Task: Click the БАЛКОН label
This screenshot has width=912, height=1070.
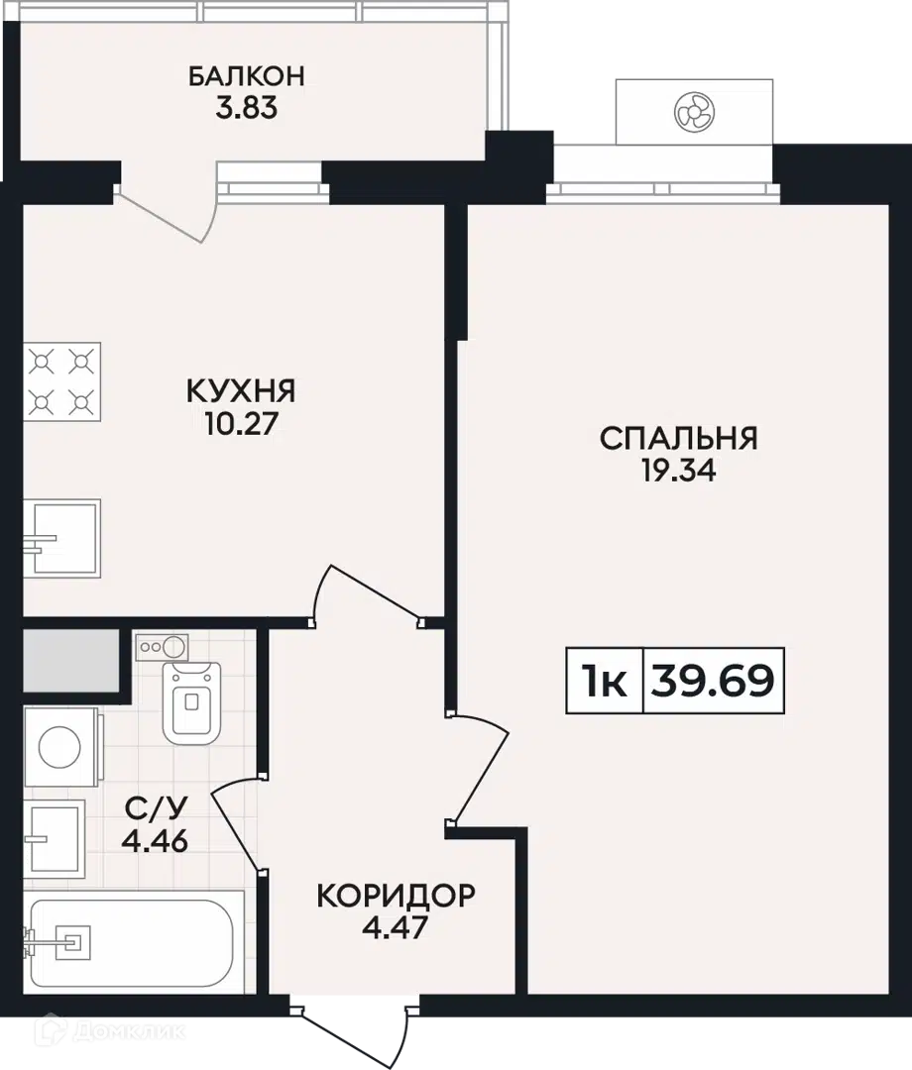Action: [x=247, y=75]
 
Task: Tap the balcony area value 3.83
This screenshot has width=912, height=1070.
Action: [x=247, y=109]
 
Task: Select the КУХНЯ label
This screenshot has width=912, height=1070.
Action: [x=241, y=391]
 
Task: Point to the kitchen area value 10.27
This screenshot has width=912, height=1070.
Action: [x=241, y=424]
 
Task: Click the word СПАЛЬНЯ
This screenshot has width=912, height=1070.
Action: [x=678, y=438]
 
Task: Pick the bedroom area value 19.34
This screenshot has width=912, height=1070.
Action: [x=678, y=471]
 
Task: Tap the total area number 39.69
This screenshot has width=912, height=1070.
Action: [x=713, y=681]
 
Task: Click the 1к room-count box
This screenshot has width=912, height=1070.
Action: [x=605, y=681]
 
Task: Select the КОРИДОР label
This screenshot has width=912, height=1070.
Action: [x=396, y=896]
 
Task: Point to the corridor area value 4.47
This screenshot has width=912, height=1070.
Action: [x=396, y=928]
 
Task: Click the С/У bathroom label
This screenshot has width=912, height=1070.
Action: [x=156, y=808]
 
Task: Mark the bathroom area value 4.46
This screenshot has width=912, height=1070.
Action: [x=155, y=841]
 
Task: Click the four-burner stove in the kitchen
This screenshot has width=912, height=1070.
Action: [x=62, y=382]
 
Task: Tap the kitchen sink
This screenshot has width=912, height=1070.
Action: [x=62, y=538]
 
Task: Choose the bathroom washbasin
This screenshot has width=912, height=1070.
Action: [x=55, y=839]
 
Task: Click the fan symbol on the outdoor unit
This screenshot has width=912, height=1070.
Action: [x=694, y=112]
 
